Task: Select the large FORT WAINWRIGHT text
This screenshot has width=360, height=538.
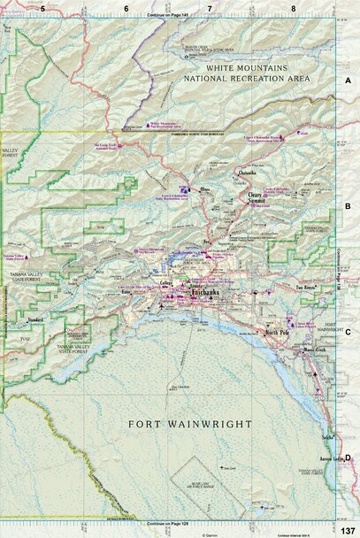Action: [x=190, y=424]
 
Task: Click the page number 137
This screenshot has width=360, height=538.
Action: [x=348, y=529]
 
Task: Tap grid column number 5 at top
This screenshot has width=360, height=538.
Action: [x=42, y=8]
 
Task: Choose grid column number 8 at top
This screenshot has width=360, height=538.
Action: [x=294, y=8]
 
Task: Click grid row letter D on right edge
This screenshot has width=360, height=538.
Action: [x=349, y=457]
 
